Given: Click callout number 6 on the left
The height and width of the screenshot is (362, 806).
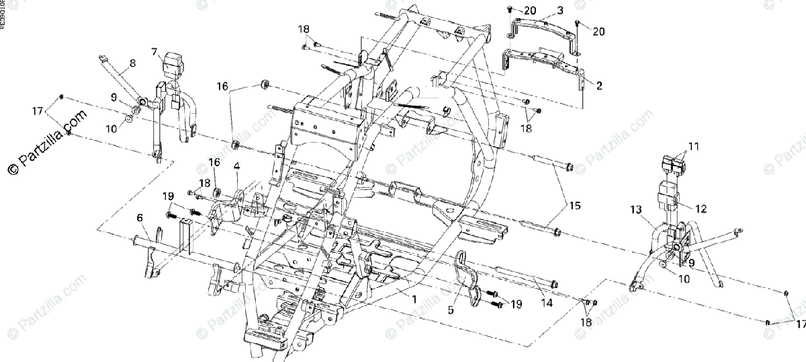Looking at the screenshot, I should coord(140,217).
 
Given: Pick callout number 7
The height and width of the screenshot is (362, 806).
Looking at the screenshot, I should coord(154,51).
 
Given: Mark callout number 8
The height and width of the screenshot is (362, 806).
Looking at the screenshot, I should coord(132,63).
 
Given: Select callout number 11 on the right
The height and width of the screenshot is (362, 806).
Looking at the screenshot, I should coord(693,146).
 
